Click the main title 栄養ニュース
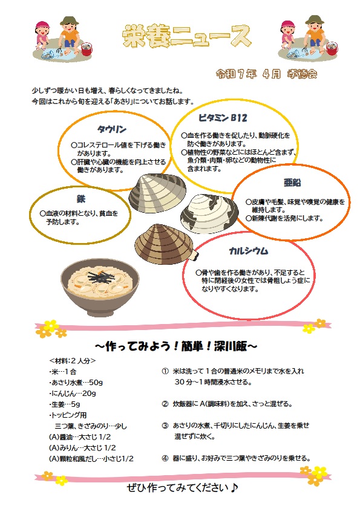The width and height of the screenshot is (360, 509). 186,36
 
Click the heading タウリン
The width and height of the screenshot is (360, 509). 112,129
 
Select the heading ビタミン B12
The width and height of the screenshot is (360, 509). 223,118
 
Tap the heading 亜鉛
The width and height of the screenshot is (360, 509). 292,183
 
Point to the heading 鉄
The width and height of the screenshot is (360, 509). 81,199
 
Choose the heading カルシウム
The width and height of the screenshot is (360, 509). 249,251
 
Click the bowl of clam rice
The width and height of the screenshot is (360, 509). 100,288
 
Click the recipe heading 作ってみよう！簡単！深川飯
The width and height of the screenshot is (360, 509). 176,346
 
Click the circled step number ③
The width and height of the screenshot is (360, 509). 165,426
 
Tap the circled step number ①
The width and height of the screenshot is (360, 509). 165,371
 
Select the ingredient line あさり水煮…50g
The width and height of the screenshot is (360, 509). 76,383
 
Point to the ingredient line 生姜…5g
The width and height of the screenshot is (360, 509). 64,404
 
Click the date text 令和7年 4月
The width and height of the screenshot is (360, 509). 248,74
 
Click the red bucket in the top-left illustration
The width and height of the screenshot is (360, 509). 87,49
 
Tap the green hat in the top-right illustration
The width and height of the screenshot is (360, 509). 314,19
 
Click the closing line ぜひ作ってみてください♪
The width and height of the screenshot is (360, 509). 182,487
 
